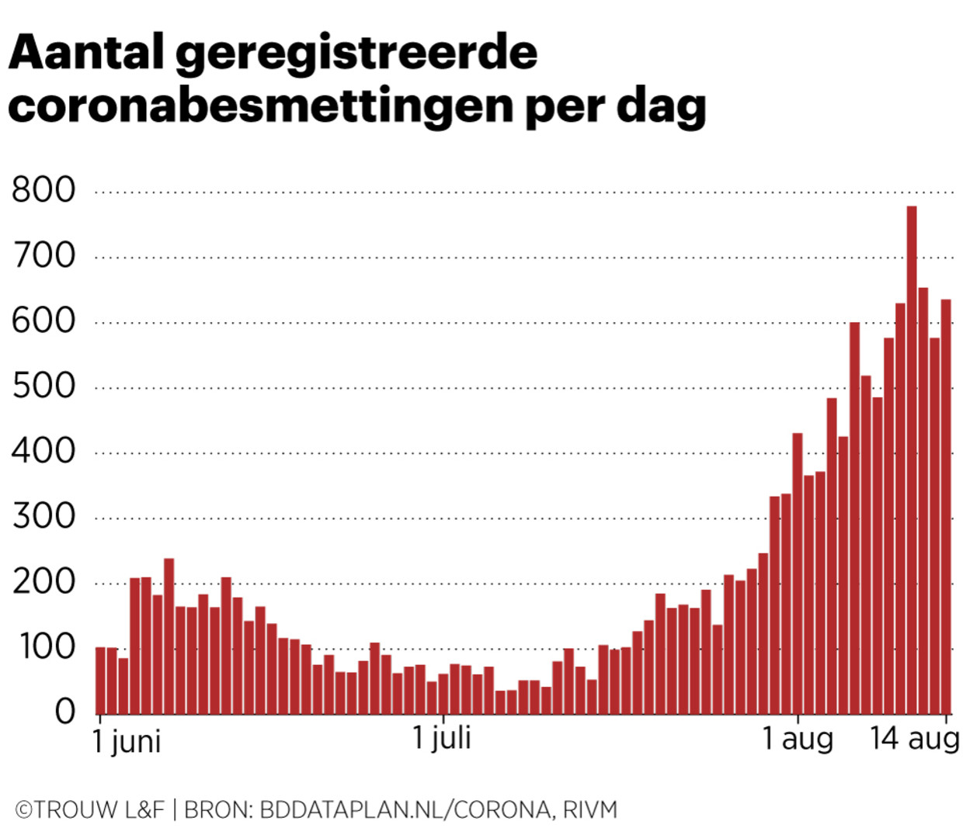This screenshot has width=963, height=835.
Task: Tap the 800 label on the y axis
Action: click(43, 190)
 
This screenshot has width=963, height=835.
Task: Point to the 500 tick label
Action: click(43, 386)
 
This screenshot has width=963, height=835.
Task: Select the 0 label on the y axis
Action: click(65, 712)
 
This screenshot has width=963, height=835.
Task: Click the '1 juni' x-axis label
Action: click(127, 741)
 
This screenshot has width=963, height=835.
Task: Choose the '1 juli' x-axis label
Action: click(441, 737)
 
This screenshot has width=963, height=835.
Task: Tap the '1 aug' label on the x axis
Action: click(797, 738)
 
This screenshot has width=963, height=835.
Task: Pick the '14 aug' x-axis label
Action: click(914, 738)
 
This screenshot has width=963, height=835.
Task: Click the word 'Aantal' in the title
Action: click(86, 53)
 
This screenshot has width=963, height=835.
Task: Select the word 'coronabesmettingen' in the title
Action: click(261, 106)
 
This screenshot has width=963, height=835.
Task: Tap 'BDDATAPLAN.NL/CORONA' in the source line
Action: click(405, 810)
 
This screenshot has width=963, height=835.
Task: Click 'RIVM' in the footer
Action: click(590, 810)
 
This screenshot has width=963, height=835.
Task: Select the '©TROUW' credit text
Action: click(65, 810)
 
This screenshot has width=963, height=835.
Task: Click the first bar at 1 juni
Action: click(100, 681)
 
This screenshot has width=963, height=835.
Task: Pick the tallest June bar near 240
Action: click(169, 636)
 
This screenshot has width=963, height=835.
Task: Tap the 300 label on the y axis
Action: click(43, 517)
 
